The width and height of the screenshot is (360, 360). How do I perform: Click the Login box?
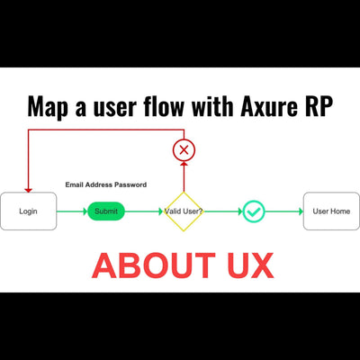29,211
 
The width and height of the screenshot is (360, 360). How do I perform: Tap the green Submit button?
106,211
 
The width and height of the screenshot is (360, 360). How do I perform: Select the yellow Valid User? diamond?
184,211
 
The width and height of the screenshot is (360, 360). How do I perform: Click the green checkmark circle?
254,211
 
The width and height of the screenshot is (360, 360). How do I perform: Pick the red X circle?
184,149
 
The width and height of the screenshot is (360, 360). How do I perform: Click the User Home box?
330,211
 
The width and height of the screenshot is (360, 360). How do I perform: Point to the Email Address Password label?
105,184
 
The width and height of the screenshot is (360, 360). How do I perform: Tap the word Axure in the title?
272,107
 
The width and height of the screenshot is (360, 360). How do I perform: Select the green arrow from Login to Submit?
72,211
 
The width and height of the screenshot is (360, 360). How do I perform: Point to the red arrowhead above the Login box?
29,188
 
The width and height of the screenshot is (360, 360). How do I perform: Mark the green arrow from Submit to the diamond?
142,211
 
